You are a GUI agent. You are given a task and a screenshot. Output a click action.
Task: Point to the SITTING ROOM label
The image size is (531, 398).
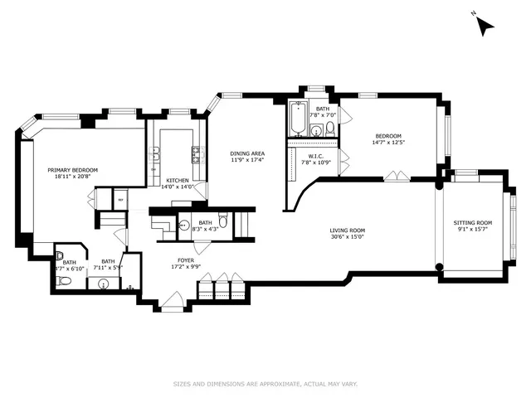click(472, 222)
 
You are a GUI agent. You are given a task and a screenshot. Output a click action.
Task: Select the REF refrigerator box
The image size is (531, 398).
click(119, 200)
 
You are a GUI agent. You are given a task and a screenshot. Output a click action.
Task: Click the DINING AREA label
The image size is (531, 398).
click(247, 153)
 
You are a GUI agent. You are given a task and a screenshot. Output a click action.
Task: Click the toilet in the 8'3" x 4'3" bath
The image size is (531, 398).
click(184, 225)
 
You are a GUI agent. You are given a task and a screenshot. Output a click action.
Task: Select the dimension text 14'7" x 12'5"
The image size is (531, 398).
click(388, 143)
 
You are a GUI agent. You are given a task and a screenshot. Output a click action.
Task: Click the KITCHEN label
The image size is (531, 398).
click(178, 180)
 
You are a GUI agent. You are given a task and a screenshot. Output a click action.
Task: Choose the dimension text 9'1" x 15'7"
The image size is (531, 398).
click(472, 230)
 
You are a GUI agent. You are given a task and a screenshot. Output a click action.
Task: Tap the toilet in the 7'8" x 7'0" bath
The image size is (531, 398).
click(329, 128)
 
